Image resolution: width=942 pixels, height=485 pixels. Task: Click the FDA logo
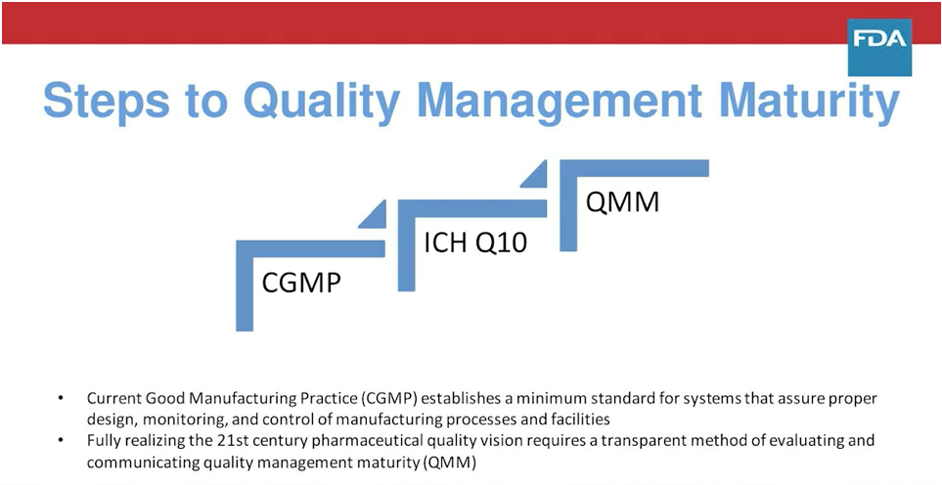(880, 46)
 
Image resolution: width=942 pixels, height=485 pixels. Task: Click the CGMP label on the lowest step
(301, 284)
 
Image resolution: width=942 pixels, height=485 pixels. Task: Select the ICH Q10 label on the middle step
(474, 242)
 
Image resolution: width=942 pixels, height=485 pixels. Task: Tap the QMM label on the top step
(621, 202)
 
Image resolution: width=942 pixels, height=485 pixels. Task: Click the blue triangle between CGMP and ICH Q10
(373, 214)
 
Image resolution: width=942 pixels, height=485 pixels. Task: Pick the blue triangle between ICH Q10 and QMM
(534, 175)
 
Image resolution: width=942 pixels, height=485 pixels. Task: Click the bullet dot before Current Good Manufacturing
(62, 399)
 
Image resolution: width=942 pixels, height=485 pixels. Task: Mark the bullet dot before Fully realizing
(62, 441)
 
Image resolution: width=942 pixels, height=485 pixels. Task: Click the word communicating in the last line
(139, 461)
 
